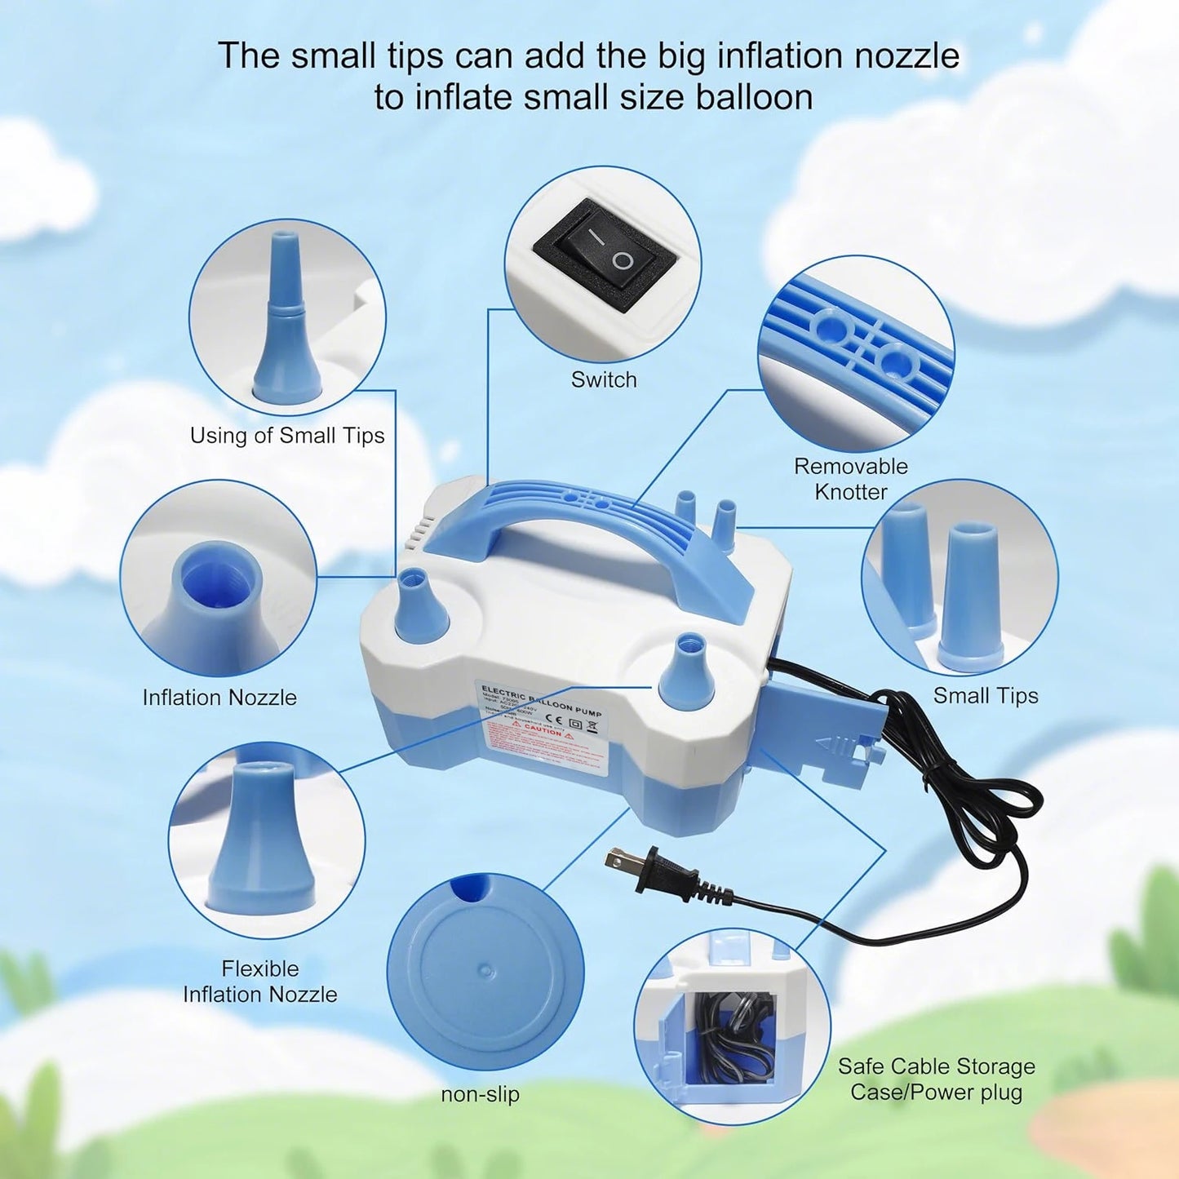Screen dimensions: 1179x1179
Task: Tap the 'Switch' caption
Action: pos(604,379)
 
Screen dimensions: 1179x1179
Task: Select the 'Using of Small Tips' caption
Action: pos(287,436)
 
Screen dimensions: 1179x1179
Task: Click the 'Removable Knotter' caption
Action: pos(851,479)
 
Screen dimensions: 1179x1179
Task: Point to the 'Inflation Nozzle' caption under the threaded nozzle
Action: pos(219,698)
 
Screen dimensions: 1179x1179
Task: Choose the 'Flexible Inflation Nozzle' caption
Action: pos(260,982)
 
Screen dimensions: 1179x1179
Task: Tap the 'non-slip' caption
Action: pos(481,1094)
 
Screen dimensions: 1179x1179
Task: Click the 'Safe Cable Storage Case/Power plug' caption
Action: pos(937,1079)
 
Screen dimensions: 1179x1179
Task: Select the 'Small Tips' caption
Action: pos(986,696)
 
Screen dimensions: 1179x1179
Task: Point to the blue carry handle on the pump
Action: pos(587,522)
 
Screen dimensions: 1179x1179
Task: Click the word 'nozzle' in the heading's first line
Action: pos(905,55)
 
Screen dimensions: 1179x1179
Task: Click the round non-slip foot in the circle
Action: pos(486,971)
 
